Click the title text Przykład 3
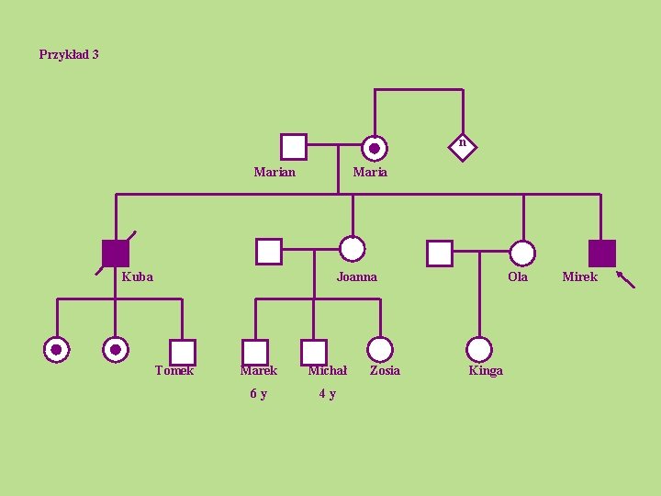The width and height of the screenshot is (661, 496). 69,54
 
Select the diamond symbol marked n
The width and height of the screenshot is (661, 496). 463,143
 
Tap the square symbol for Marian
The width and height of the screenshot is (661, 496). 293,147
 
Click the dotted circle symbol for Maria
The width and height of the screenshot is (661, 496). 374,148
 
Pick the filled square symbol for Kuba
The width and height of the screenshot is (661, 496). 116,253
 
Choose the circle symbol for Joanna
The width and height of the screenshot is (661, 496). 353,249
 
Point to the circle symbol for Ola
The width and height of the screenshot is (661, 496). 522,253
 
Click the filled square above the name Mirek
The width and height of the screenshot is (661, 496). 601,253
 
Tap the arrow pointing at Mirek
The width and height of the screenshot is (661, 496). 625,279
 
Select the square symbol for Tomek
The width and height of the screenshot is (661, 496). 183,352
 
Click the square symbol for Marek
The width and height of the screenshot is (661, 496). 255,352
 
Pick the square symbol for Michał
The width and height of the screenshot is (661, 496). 314,352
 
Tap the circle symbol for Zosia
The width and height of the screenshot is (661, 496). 380,349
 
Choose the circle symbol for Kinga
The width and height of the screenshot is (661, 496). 479,349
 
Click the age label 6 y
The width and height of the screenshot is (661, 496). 259,394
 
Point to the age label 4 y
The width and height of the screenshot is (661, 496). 326,394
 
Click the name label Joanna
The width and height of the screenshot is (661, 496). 356,276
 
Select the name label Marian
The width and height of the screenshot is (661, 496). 274,172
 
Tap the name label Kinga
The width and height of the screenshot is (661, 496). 486,370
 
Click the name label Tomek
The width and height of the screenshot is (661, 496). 174,370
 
